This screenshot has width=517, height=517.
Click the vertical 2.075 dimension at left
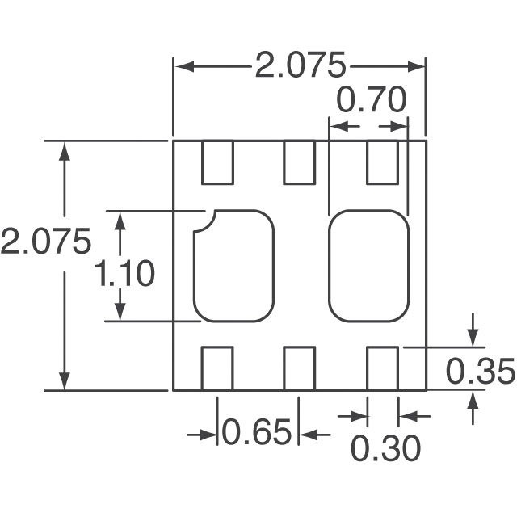tap(44, 242)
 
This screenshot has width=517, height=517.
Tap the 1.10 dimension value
tap(124, 274)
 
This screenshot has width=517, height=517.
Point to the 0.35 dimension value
tap(480, 372)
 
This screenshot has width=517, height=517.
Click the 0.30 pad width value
tap(385, 449)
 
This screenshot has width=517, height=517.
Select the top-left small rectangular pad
tap(217, 162)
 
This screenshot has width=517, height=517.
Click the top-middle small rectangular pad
tap(299, 162)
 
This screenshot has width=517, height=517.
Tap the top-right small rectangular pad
tap(382, 162)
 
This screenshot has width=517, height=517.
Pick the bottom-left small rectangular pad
tap(216, 368)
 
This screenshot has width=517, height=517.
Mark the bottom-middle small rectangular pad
tap(299, 368)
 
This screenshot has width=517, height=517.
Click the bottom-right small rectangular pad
tap(382, 368)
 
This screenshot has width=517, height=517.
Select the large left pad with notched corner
tap(233, 267)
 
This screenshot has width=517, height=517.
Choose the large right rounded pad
tap(368, 265)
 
